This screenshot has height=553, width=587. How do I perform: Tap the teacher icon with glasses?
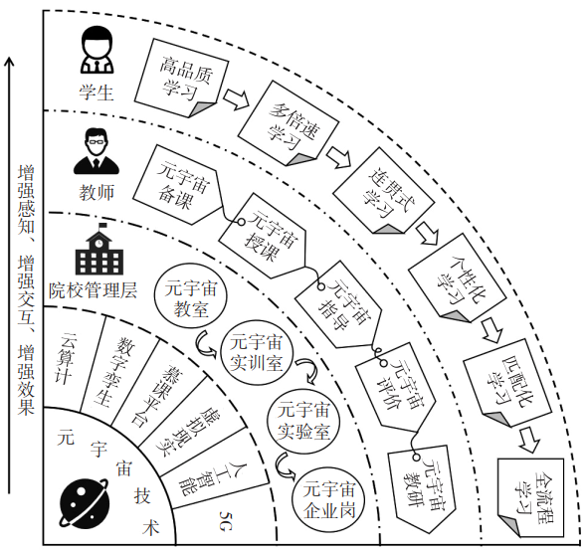97,151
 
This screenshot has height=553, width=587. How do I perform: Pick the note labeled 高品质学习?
181,78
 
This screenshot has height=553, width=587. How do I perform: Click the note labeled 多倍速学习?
289,124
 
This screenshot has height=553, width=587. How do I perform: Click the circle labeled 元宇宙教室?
191,298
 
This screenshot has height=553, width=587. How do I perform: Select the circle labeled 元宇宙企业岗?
328,499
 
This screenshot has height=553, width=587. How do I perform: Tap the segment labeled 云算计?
71,357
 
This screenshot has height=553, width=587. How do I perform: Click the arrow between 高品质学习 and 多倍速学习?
236,98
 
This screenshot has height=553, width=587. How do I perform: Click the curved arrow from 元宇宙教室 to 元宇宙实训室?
206,343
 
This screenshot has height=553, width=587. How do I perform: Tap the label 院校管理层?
93,290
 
